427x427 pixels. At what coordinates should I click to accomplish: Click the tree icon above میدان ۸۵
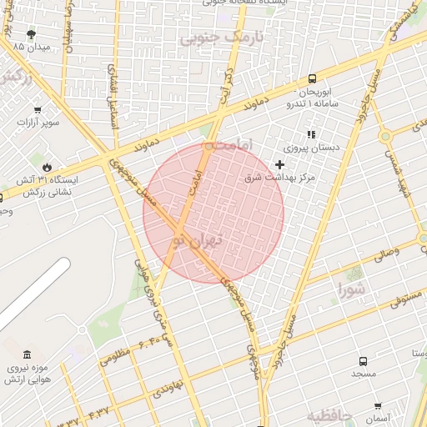32,34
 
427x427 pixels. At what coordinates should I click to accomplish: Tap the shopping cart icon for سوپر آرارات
37,109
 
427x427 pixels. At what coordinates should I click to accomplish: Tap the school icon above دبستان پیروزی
312,134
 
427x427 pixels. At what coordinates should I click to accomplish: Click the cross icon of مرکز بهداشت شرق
279,165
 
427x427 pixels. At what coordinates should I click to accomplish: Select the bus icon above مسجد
363,361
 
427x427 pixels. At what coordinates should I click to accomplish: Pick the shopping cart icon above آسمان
377,404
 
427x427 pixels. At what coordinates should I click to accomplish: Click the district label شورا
351,289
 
